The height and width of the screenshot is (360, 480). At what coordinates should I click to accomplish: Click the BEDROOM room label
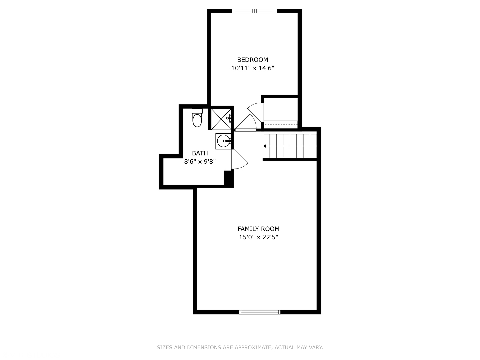pyautogui.click(x=253, y=60)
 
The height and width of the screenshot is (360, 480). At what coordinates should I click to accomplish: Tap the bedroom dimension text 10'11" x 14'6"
pyautogui.click(x=253, y=68)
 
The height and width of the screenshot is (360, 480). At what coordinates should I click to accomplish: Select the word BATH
pyautogui.click(x=200, y=153)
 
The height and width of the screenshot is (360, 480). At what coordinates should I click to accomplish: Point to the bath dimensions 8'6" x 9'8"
pyautogui.click(x=200, y=162)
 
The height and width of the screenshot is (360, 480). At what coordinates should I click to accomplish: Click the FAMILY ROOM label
pyautogui.click(x=258, y=229)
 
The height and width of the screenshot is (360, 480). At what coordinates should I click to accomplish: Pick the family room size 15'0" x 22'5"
pyautogui.click(x=258, y=237)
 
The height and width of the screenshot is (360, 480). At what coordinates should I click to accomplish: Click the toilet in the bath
pyautogui.click(x=197, y=118)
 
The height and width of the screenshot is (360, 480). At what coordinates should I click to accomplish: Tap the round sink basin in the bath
pyautogui.click(x=223, y=141)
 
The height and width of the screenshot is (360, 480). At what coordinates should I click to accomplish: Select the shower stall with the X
pyautogui.click(x=221, y=119)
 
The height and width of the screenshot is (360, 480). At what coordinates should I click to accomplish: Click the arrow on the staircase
pyautogui.click(x=265, y=146)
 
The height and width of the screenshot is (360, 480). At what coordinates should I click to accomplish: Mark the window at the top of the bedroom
pyautogui.click(x=255, y=11)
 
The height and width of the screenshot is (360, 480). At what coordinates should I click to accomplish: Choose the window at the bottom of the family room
pyautogui.click(x=260, y=312)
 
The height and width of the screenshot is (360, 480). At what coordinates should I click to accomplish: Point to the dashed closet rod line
pyautogui.click(x=281, y=125)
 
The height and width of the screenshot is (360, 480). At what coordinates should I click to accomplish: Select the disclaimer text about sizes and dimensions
pyautogui.click(x=240, y=347)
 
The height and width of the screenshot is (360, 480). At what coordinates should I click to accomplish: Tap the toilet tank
pyautogui.click(x=197, y=111)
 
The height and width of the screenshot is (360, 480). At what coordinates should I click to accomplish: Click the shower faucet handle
pyautogui.click(x=229, y=118)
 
